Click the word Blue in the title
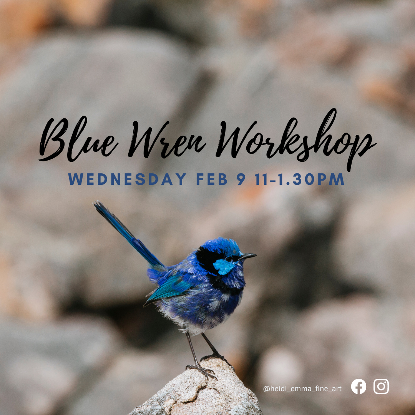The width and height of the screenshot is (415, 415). (x=78, y=139)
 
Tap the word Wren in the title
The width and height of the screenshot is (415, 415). (x=167, y=139)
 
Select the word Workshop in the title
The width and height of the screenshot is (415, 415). (x=296, y=139)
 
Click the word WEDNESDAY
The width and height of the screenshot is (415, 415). (x=127, y=179)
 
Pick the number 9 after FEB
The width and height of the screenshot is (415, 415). (x=241, y=179)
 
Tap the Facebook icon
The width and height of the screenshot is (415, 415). (x=359, y=387)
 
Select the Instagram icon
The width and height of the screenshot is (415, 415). (x=381, y=387)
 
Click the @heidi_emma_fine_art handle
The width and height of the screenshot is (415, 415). (x=302, y=389)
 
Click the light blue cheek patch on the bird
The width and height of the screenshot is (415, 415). (x=224, y=266)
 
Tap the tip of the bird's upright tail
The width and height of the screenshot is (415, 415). (x=95, y=203)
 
